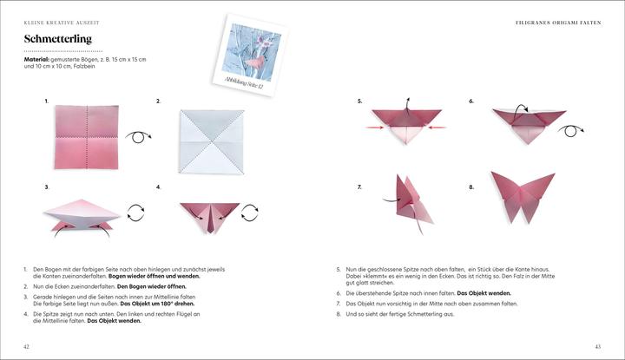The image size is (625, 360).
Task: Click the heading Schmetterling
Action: point(58,39)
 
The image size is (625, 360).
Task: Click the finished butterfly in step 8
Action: point(522,195)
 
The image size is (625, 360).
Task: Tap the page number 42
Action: point(27,346)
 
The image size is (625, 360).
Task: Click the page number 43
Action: point(597,346)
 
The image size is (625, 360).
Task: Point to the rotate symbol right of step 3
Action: point(135,211)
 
